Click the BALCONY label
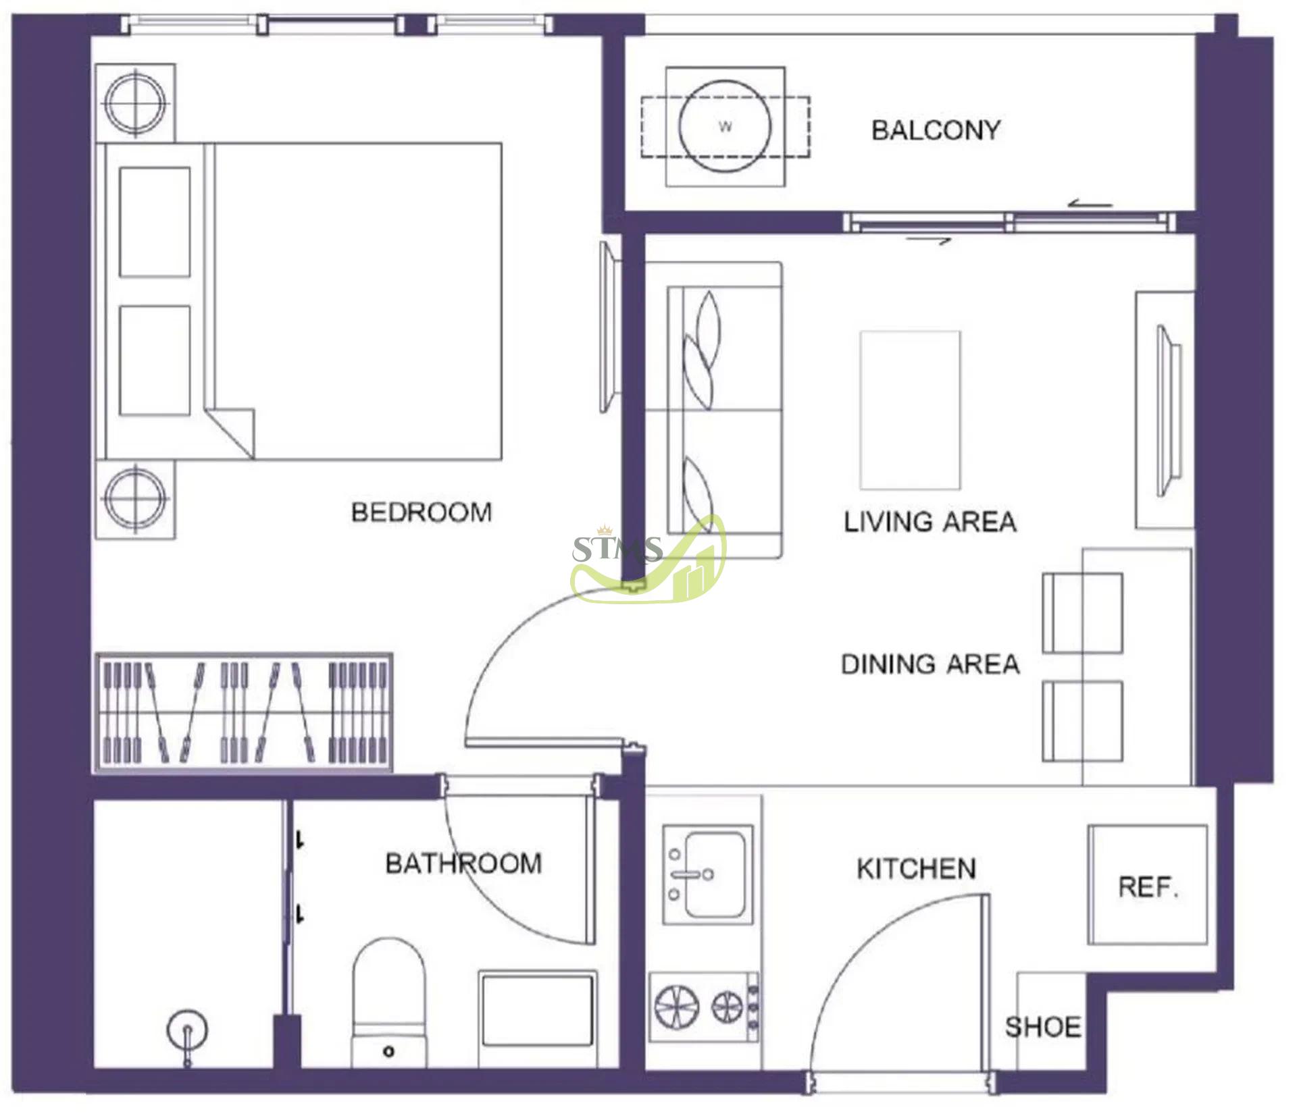tap(936, 130)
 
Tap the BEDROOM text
tap(422, 512)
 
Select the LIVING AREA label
tap(930, 522)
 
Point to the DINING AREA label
tap(930, 664)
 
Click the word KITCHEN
tap(917, 869)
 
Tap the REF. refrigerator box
tap(1148, 885)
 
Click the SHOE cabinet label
tap(1042, 1028)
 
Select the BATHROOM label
tap(463, 863)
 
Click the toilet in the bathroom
tap(389, 1002)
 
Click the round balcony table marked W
tap(725, 126)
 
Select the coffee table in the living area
tap(910, 410)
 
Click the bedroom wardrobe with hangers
tap(244, 712)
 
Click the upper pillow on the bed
tap(155, 223)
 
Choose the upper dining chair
tap(1082, 613)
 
